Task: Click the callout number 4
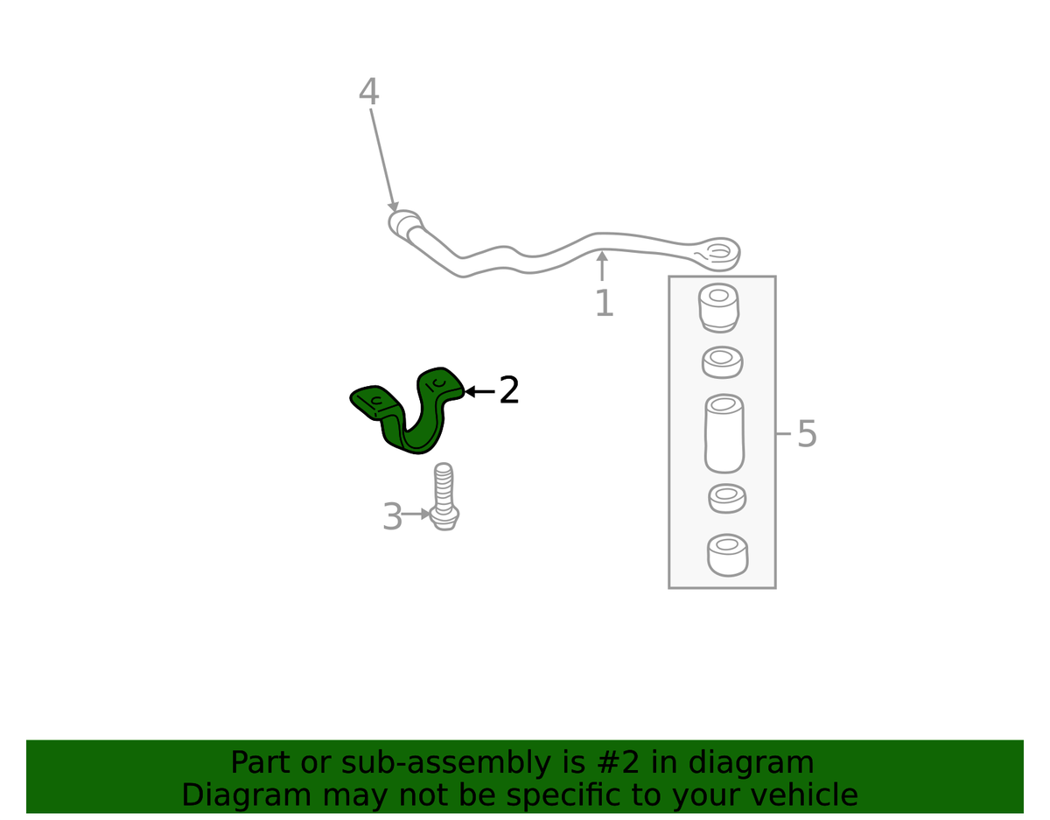[x=368, y=92]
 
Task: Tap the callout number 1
[x=604, y=304]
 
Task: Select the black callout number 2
[x=509, y=390]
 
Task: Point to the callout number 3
[x=392, y=517]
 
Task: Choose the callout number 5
[x=807, y=434]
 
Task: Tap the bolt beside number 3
[x=444, y=499]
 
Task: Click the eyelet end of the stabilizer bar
[x=718, y=252]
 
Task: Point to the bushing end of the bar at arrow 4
[x=404, y=222]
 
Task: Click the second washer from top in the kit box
[x=722, y=361]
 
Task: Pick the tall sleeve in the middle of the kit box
[x=724, y=433]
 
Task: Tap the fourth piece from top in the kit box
[x=726, y=499]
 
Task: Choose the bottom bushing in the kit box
[x=726, y=556]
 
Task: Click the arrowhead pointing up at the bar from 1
[x=602, y=256]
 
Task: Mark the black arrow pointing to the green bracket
[x=479, y=391]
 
